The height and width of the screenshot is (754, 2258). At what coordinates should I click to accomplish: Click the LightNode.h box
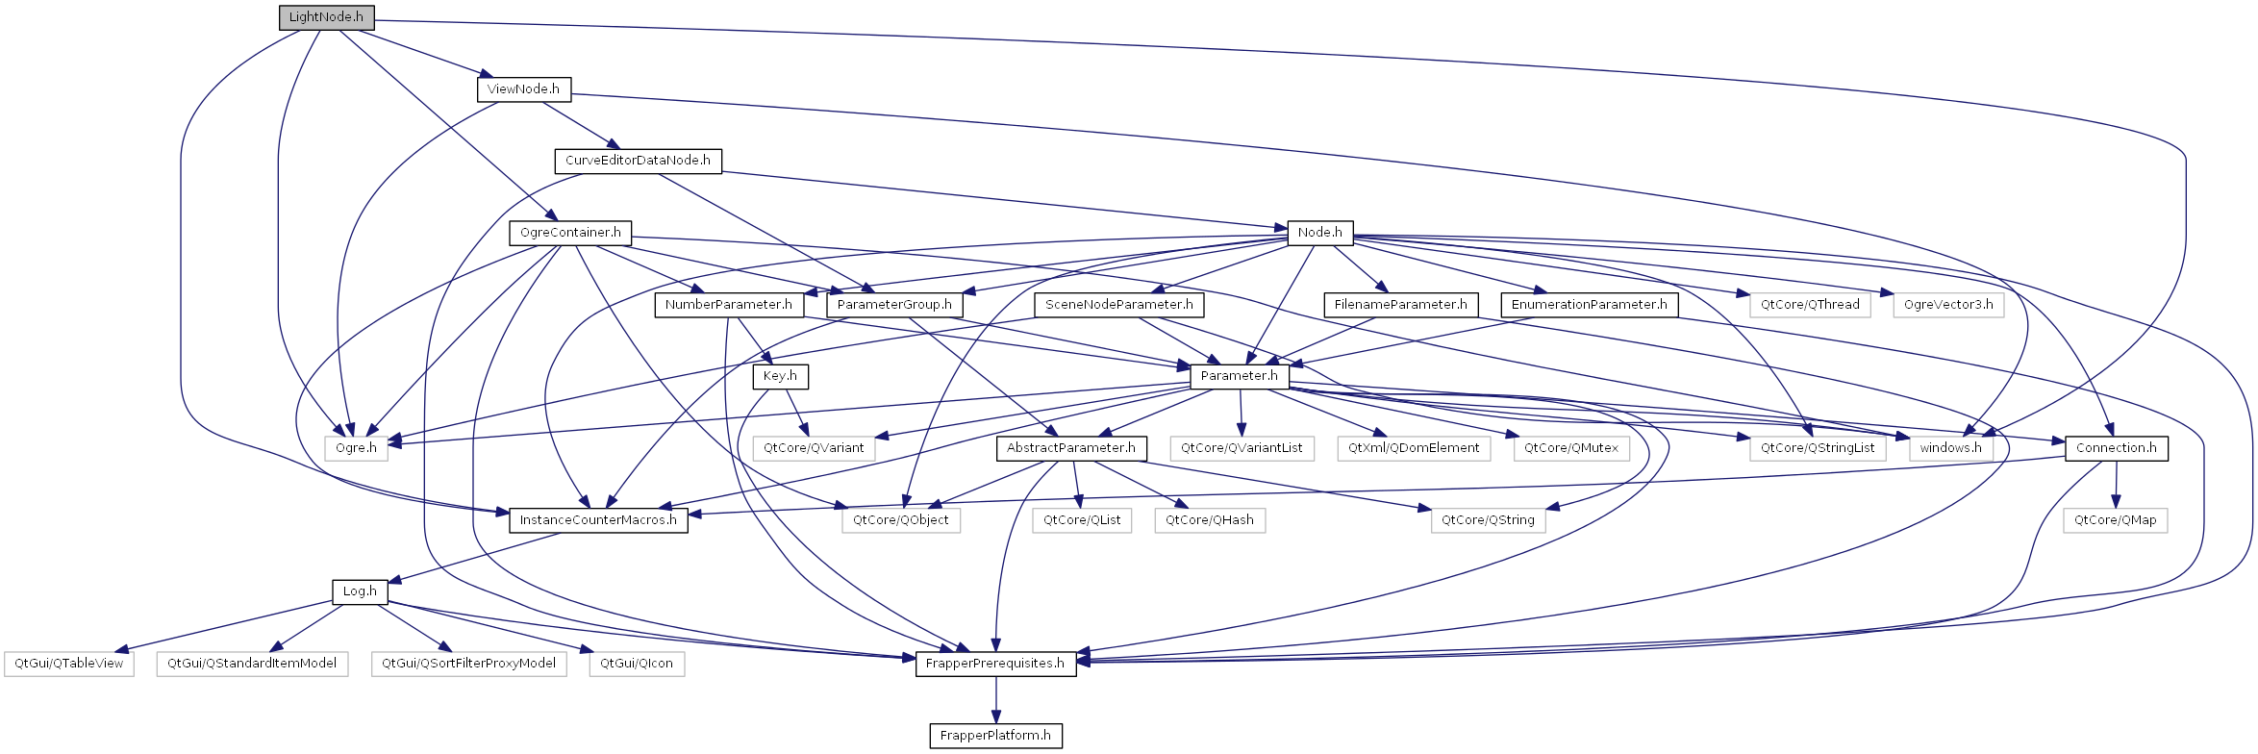[x=326, y=17]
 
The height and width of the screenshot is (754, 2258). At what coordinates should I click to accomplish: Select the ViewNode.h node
[x=523, y=89]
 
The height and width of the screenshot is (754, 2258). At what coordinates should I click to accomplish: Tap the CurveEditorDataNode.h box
[x=638, y=161]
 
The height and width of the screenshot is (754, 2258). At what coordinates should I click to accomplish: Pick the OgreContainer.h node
[x=570, y=233]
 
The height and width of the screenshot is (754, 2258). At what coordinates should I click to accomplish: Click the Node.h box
[x=1319, y=233]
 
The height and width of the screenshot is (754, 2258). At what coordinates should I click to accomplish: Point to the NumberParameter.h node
[x=729, y=305]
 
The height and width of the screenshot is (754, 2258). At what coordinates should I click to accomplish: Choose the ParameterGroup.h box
[x=894, y=305]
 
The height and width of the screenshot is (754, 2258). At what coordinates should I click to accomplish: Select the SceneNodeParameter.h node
[x=1119, y=305]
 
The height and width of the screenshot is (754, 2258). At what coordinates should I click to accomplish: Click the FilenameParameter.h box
[x=1400, y=305]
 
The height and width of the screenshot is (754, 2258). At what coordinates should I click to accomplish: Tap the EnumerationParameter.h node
[x=1590, y=305]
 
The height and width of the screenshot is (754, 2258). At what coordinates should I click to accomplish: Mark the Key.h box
[x=780, y=377]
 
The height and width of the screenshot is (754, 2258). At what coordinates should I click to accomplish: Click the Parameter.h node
[x=1240, y=377]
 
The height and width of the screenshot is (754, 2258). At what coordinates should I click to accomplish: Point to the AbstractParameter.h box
[x=1071, y=448]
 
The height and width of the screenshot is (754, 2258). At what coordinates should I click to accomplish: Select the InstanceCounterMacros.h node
[x=598, y=520]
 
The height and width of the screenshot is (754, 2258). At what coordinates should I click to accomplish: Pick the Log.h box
[x=360, y=591]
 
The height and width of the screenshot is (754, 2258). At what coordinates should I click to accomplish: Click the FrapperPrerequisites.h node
[x=995, y=664]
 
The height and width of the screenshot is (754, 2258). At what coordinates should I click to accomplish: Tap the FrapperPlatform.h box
[x=995, y=736]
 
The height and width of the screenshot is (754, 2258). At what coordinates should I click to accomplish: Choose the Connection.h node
[x=2116, y=448]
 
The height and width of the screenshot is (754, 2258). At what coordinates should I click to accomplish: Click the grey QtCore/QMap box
[x=2115, y=520]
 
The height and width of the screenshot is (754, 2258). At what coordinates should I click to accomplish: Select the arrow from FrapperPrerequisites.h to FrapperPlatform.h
[x=995, y=700]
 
